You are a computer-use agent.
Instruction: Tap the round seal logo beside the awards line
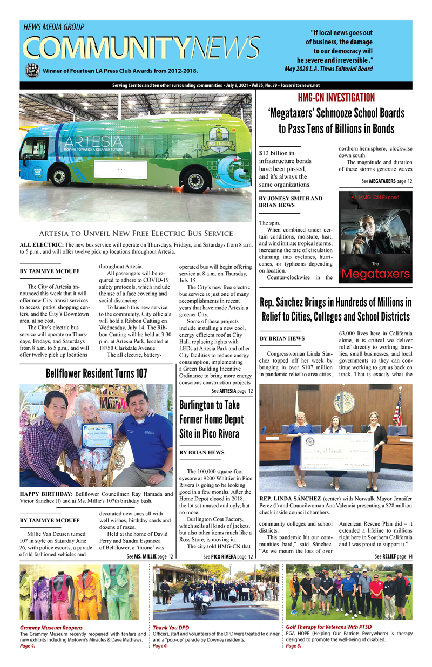(32, 70)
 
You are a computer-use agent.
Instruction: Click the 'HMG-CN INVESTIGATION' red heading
(336, 98)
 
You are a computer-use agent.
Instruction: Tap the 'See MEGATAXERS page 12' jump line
(387, 181)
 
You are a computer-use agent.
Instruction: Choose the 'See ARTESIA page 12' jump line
(232, 391)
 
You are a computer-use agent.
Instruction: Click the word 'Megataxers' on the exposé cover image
(376, 274)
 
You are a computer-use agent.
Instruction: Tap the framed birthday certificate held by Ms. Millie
(98, 435)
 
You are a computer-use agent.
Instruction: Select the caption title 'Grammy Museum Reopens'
(51, 628)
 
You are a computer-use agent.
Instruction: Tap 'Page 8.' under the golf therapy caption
(294, 646)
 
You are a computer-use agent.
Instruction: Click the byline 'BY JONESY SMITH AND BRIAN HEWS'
(291, 202)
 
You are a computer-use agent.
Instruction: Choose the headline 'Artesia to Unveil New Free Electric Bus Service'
(136, 234)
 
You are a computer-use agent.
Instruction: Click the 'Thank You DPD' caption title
(171, 628)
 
